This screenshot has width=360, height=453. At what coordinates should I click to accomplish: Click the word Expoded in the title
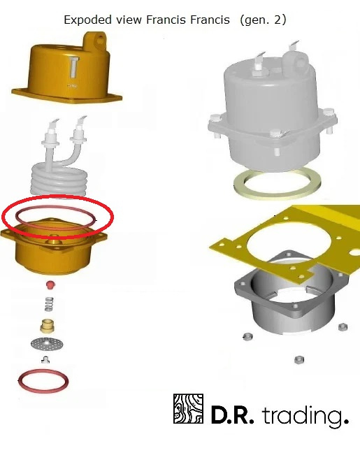[x=87, y=20]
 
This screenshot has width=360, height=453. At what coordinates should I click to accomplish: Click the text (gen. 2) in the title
[x=263, y=20]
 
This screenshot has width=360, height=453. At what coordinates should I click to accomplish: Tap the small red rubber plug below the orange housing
[x=50, y=285]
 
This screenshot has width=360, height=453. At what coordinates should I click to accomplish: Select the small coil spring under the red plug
[x=49, y=304]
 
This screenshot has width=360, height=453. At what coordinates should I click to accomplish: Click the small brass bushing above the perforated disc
[x=48, y=326]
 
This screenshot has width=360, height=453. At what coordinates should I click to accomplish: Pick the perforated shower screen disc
[x=47, y=343]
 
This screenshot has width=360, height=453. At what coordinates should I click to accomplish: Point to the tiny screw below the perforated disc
[x=45, y=360]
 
